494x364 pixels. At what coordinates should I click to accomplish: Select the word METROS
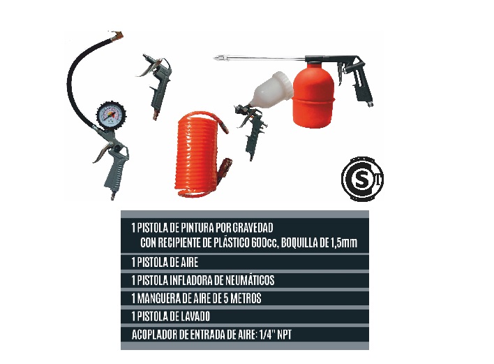[241, 298]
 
